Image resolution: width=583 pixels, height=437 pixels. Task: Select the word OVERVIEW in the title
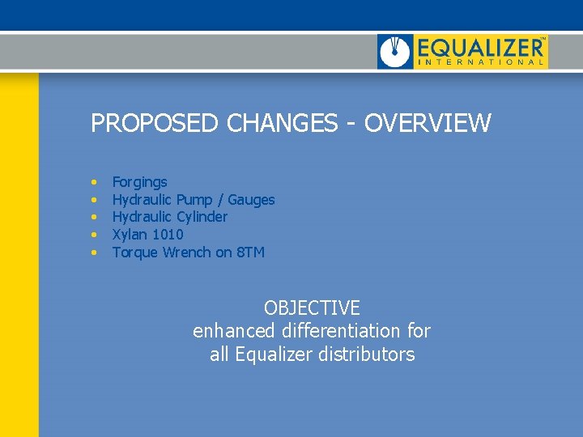coord(428,124)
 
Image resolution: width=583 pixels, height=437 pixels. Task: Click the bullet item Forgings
coord(139,182)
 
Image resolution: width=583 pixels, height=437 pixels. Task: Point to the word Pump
coord(194,199)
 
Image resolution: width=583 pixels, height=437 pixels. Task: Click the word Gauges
coord(251,199)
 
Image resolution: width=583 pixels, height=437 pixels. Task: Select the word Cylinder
coord(202,217)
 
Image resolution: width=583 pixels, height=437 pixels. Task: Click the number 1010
coord(168,235)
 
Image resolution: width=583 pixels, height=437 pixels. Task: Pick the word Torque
coord(135,252)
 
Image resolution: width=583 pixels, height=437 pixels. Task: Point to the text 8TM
coord(249,252)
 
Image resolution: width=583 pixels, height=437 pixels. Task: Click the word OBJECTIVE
coord(312,308)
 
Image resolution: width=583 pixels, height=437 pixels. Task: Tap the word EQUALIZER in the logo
coord(480,46)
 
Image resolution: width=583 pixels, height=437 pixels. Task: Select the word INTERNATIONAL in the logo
coord(480,62)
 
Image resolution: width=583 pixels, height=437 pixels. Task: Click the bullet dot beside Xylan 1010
coord(95,235)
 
